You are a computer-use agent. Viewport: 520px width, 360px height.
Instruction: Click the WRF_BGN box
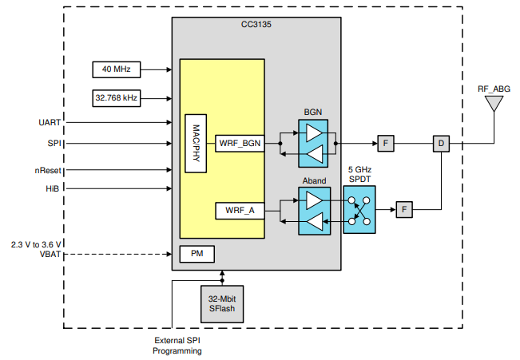(239, 144)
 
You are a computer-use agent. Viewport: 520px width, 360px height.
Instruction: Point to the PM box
(196, 254)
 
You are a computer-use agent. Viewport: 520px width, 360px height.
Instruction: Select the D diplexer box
(441, 144)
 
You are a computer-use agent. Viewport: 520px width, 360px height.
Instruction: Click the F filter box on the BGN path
(386, 144)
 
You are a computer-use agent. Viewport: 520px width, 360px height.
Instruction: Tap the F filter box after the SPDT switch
(405, 210)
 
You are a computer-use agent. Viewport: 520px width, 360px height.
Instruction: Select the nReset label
(48, 170)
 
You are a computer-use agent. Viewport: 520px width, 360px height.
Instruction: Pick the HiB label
(54, 188)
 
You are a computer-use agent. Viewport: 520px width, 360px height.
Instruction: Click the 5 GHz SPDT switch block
(359, 210)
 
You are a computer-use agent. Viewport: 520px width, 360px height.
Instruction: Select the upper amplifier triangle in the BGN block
(315, 133)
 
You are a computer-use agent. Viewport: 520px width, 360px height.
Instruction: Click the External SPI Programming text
(177, 346)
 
